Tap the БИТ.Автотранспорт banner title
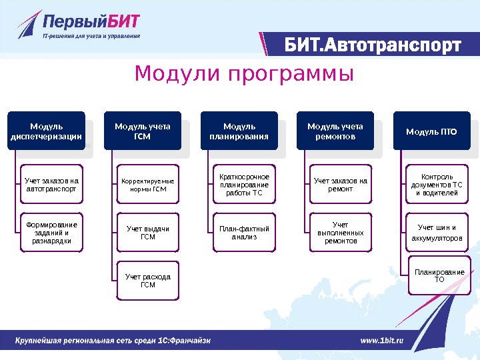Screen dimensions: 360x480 [373, 45]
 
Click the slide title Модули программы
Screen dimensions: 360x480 [244, 74]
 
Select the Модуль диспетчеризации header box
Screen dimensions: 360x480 [47, 131]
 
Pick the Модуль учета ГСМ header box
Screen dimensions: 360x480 [143, 131]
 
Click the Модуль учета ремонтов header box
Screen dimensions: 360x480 [335, 131]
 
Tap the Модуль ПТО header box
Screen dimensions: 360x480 [431, 131]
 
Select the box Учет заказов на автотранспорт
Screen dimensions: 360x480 [51, 184]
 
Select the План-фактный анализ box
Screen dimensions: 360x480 [243, 232]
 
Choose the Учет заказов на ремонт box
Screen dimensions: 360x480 [341, 185]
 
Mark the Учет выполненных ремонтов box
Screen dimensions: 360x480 [341, 232]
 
